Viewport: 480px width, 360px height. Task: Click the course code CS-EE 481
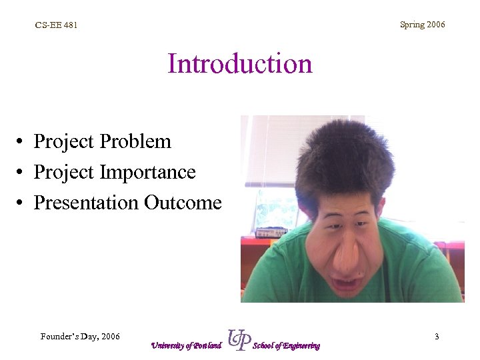coord(57,25)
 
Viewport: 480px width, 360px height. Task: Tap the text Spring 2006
coord(422,25)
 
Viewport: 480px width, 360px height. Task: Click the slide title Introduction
coord(240,64)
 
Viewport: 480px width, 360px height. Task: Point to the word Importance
coord(147,172)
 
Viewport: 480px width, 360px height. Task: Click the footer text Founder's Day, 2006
coord(80,337)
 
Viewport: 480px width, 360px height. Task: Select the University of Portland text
coord(185,345)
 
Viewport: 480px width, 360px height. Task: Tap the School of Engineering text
coord(286,345)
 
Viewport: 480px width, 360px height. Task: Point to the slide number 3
coord(437,337)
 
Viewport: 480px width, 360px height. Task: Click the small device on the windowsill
coord(271,232)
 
